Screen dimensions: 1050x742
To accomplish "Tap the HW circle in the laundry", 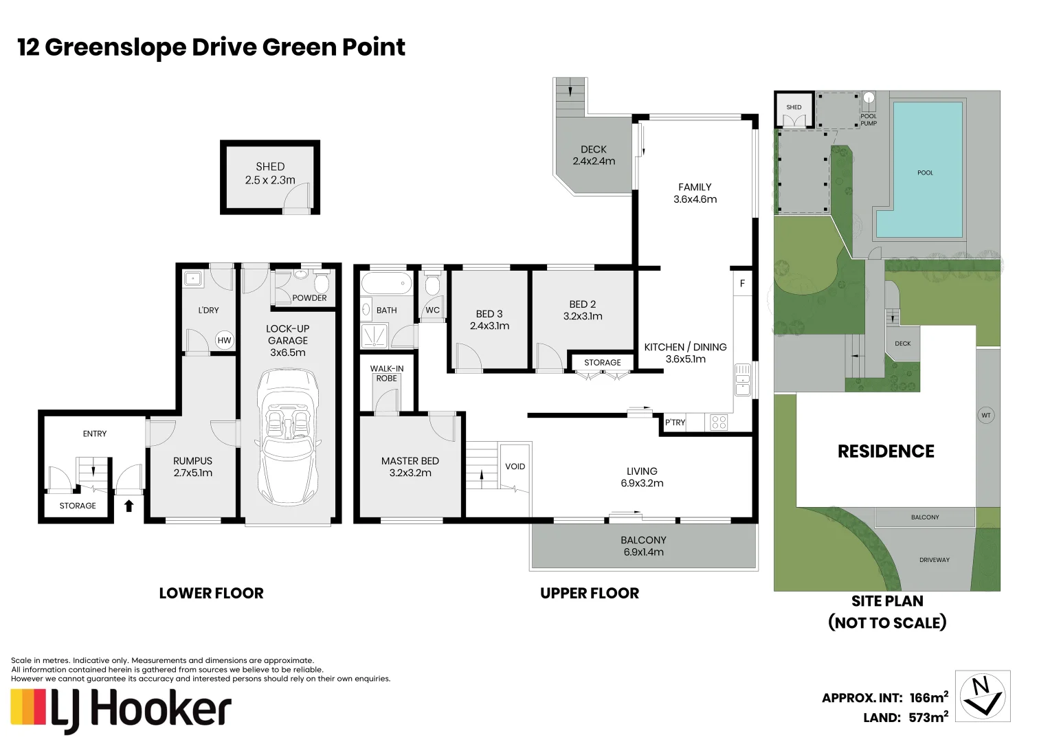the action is coord(224,340).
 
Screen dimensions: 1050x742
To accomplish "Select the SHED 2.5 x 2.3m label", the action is coord(270,173).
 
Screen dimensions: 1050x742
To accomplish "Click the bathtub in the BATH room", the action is coord(387,284).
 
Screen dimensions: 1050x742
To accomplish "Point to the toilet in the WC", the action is coord(432,284).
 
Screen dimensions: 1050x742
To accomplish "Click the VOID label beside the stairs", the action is coord(515,466).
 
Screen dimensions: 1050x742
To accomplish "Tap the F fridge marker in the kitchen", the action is coord(742,283).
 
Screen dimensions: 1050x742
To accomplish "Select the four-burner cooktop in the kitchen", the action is coord(719,423).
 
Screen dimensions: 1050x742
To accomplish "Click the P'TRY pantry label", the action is coord(675,423).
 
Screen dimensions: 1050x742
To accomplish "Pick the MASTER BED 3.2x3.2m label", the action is coord(410,467).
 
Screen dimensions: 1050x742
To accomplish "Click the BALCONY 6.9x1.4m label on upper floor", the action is coord(644,546).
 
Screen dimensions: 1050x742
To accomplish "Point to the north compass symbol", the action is coord(982,696).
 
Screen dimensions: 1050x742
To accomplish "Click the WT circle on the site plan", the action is coord(986,415).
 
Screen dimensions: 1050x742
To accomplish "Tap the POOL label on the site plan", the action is coord(926,172).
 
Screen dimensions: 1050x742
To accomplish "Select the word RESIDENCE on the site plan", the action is coord(886,451).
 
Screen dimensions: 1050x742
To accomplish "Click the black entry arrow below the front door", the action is coord(129,506).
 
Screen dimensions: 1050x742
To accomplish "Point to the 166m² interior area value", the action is coord(928,697).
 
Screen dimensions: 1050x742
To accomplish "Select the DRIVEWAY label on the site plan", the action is coord(935,560).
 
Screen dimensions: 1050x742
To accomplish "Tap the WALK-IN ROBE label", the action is coord(386,374).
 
